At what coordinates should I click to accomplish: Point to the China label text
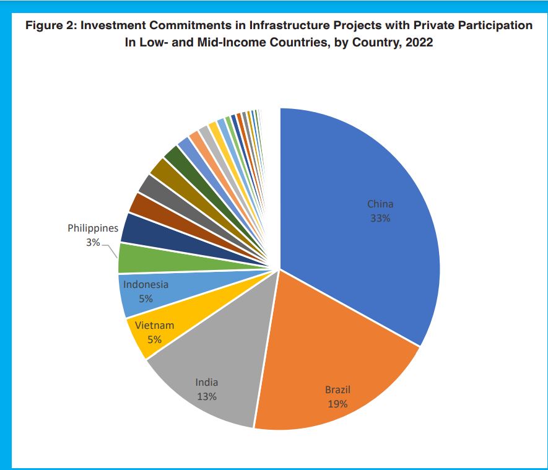point(380,204)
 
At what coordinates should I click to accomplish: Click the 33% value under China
point(380,218)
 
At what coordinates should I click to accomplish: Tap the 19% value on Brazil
point(337,404)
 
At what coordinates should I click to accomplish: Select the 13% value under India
point(207,396)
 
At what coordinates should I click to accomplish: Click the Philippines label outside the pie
point(93,228)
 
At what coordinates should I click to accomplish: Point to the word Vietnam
point(154,326)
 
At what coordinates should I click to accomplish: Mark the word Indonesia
point(146,285)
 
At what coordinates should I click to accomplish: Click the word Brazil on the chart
point(337,390)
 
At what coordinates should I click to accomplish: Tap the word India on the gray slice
point(207,383)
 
